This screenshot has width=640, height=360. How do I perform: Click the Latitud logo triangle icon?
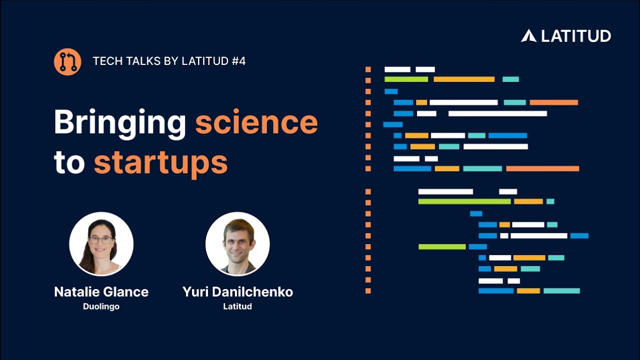[528, 36]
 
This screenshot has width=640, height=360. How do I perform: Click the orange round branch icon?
[67, 62]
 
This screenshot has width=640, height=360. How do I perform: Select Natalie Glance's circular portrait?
[101, 244]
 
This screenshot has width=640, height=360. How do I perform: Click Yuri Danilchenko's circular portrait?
[237, 244]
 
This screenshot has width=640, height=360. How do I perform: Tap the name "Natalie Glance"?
[101, 292]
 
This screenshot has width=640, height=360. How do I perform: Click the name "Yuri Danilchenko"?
[237, 292]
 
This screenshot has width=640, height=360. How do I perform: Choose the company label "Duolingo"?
[101, 306]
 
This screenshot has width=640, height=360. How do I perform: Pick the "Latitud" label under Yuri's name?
[237, 306]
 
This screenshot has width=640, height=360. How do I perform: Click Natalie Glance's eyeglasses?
[101, 239]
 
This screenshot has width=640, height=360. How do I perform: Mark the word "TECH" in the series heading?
[104, 61]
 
